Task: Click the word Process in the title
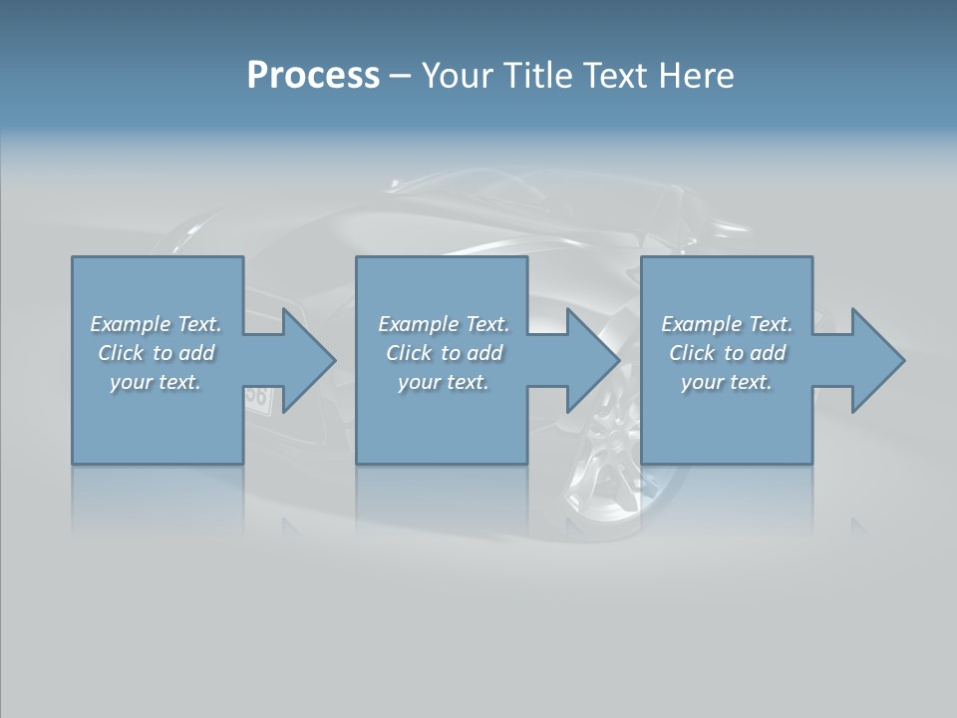click(313, 76)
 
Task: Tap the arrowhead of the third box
click(877, 361)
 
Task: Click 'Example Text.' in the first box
click(156, 324)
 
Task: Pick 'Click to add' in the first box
click(156, 353)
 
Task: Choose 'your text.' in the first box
click(156, 382)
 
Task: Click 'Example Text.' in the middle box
click(443, 324)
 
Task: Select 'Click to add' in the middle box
click(443, 353)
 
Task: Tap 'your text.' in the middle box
click(443, 382)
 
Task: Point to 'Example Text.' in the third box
click(727, 324)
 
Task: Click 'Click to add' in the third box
click(727, 353)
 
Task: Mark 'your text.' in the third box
click(727, 382)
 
